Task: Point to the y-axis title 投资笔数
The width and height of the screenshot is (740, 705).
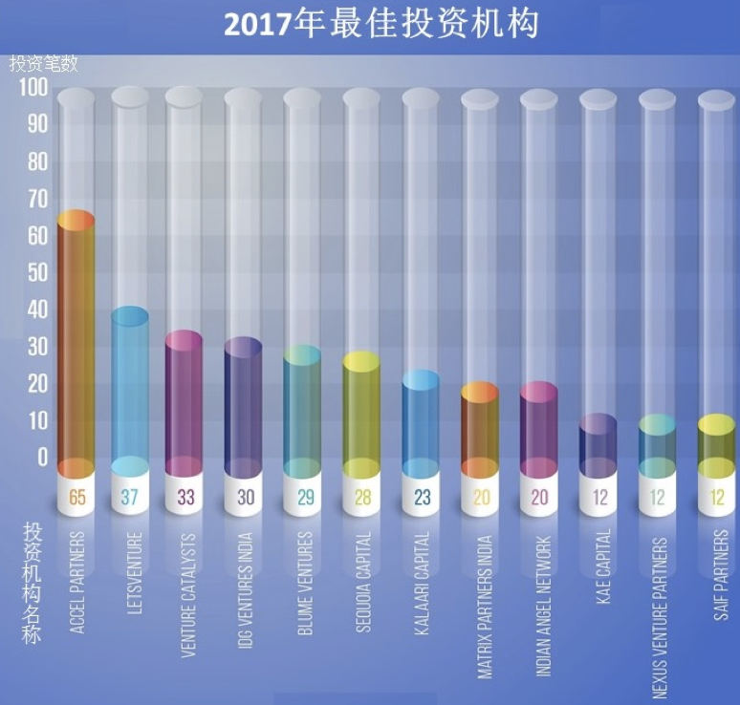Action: tap(43, 64)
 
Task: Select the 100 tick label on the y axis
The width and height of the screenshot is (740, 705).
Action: tap(33, 88)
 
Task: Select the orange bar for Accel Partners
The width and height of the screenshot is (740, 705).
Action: tap(76, 344)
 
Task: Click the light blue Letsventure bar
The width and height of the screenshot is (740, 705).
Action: tap(130, 392)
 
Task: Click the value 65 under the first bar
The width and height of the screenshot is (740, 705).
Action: tap(76, 497)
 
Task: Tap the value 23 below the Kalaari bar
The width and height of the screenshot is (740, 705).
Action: tap(421, 497)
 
